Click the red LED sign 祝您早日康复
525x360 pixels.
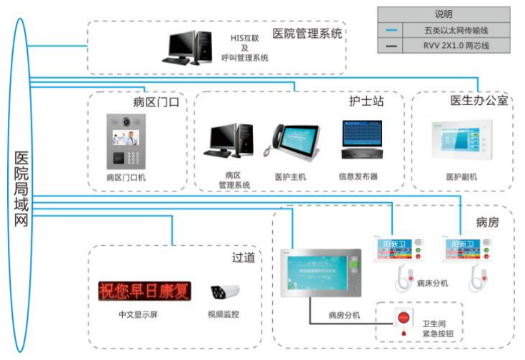pos(145,291)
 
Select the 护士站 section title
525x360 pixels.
pos(366,101)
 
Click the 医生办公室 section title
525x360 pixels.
pos(479,101)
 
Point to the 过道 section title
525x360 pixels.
pos(244,258)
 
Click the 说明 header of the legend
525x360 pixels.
pos(444,14)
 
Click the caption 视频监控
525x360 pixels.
pos(223,314)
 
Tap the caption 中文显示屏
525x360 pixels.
pos(136,314)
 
